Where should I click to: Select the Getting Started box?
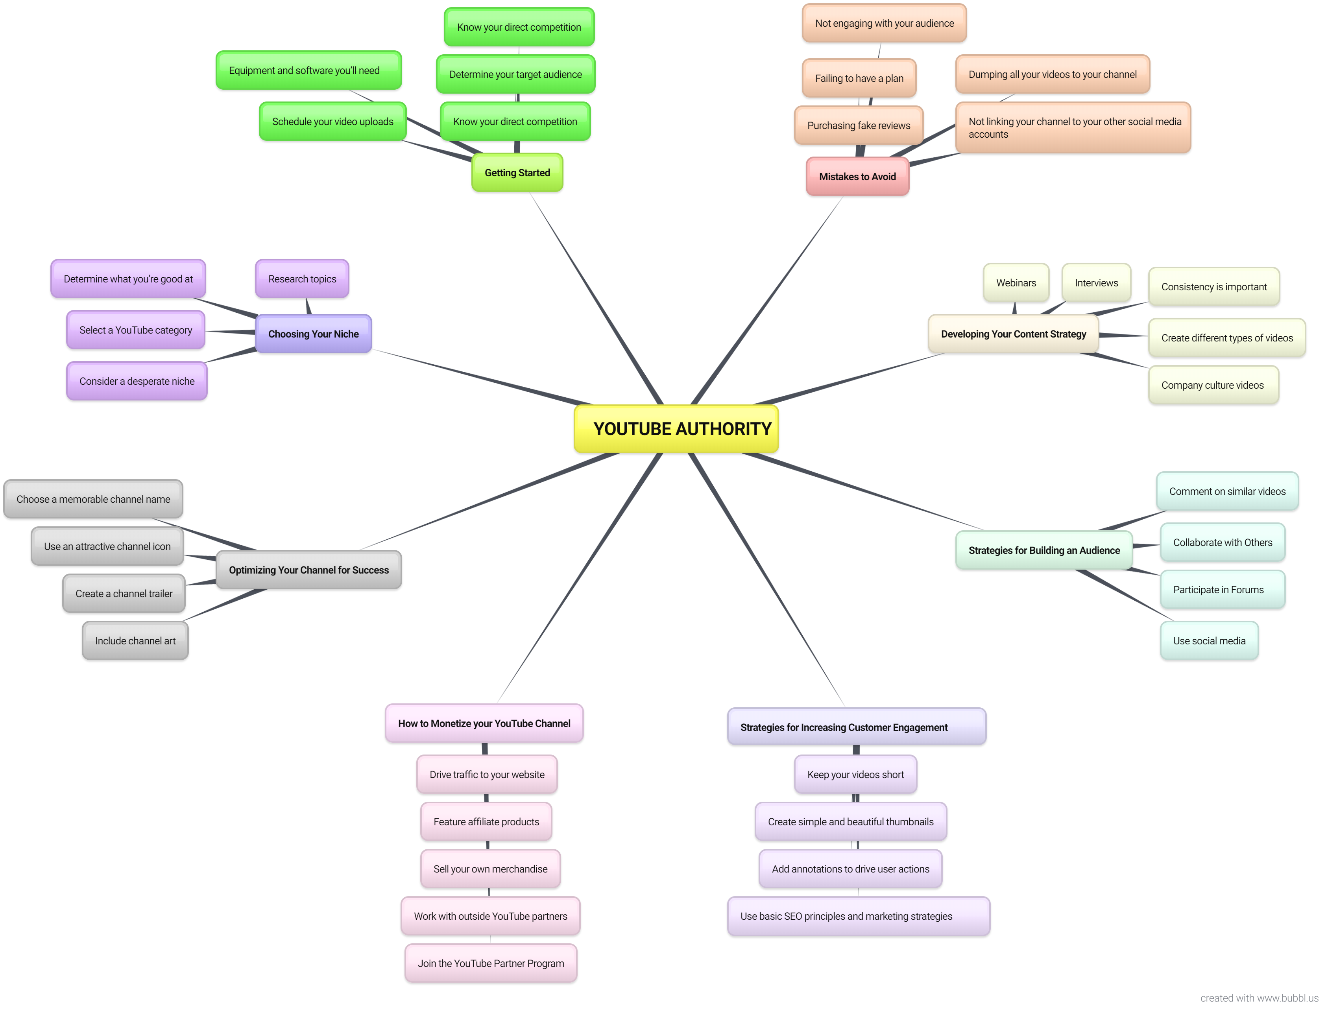point(517,173)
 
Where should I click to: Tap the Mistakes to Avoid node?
point(857,176)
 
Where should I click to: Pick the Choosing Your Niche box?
point(313,334)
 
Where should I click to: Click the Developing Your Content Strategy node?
point(1013,334)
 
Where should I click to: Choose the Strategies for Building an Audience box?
point(1044,550)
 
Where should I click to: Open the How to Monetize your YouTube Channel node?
point(484,723)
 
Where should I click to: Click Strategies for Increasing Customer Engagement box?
point(856,727)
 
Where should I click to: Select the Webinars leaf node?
point(1016,283)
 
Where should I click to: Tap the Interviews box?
point(1096,283)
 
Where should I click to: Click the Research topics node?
point(302,279)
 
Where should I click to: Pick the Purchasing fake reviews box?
point(858,125)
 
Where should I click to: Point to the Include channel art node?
point(135,641)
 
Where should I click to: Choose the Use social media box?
point(1209,641)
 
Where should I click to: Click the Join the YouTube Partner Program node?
point(491,963)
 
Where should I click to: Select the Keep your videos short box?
point(855,775)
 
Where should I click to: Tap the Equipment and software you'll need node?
point(308,70)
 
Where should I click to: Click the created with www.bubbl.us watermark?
point(1259,998)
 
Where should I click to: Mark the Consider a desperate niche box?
point(137,381)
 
